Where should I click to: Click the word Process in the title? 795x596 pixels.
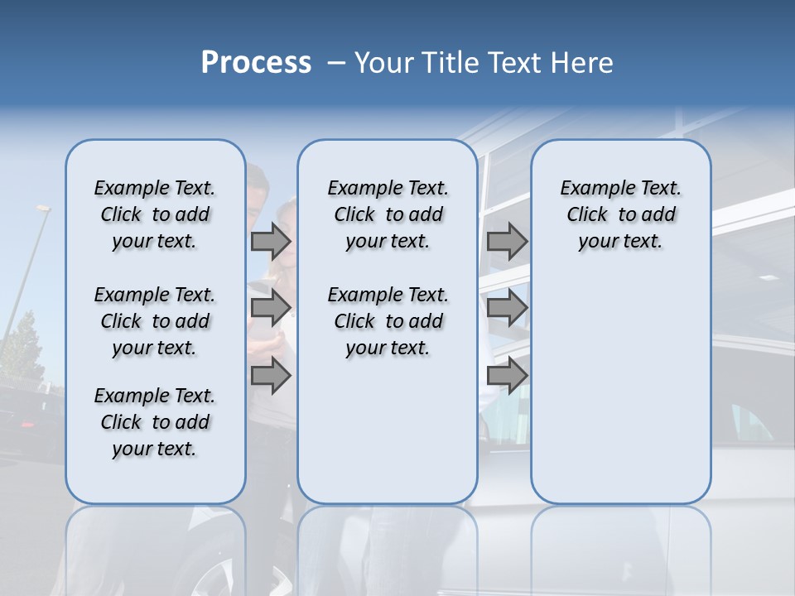256,63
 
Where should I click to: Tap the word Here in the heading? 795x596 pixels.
581,63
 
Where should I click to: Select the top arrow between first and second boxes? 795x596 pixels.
270,242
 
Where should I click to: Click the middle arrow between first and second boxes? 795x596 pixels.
270,308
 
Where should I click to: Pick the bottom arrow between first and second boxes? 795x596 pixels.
270,376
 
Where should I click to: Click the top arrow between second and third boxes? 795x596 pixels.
507,242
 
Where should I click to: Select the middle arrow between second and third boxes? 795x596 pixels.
507,308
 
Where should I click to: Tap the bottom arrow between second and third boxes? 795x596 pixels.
507,376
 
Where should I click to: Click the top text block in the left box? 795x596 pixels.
155,214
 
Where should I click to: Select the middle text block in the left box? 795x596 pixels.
155,321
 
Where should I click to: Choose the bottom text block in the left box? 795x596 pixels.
155,422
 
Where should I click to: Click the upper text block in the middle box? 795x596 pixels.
388,214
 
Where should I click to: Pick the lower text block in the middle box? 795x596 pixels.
388,321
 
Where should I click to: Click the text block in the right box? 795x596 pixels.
620,214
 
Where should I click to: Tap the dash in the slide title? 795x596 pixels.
336,63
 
